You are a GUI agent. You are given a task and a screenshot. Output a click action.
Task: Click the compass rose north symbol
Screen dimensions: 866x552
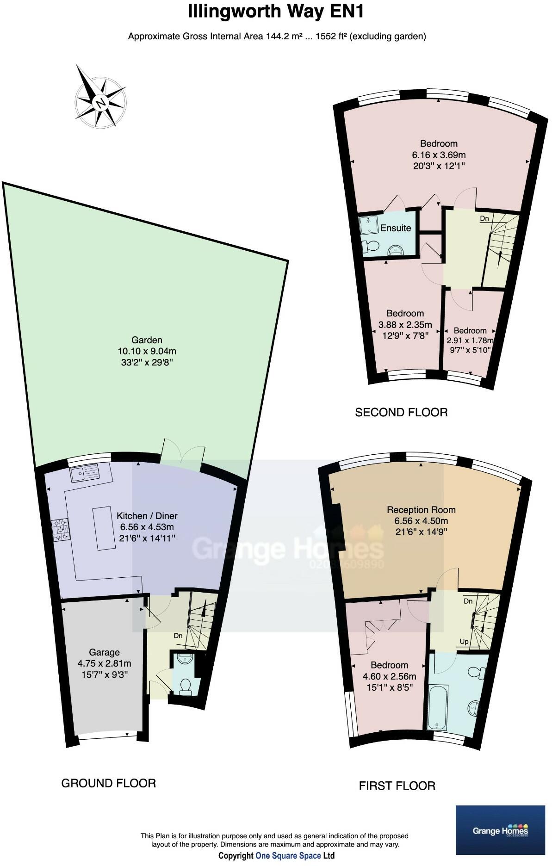click(x=100, y=102)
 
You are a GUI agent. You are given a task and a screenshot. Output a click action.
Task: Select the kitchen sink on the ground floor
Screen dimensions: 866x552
click(x=85, y=473)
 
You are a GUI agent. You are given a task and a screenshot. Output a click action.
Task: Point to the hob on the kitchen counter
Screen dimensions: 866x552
click(x=60, y=529)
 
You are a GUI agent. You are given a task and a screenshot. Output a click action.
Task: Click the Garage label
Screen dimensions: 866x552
click(x=104, y=652)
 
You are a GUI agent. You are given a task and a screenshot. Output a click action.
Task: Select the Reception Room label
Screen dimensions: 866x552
click(x=421, y=510)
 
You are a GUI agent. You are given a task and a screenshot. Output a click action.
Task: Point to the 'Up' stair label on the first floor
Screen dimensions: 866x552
click(x=464, y=642)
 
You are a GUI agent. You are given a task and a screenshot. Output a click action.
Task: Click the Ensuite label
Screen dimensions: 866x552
click(x=396, y=228)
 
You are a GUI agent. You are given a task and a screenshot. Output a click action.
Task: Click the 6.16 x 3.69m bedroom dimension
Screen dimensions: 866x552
click(x=439, y=155)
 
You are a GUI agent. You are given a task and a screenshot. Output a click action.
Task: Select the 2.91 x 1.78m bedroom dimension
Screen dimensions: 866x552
click(x=470, y=340)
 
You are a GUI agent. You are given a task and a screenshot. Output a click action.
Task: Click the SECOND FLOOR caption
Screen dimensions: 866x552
click(x=401, y=412)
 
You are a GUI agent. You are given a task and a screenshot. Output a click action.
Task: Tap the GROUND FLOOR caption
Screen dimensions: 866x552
click(x=108, y=783)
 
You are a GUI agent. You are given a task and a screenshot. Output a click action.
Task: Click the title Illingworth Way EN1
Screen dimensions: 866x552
click(x=276, y=12)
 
